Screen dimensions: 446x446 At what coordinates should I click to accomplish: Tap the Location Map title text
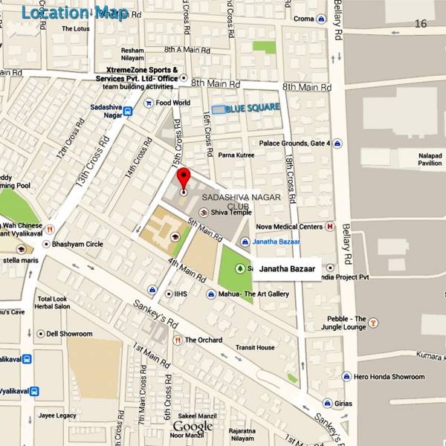click(74, 13)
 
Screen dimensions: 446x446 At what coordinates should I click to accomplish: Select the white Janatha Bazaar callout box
click(287, 269)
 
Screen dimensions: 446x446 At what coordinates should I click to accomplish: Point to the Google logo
click(193, 427)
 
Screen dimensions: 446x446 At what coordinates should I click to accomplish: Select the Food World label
click(172, 103)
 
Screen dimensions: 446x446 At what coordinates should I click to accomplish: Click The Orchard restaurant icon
click(178, 340)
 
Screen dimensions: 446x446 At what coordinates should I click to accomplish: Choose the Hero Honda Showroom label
click(389, 377)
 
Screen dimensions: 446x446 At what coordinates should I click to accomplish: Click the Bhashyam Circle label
click(77, 244)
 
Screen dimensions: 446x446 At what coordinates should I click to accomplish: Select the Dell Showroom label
click(69, 334)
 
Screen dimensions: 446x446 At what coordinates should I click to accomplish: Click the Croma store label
click(303, 19)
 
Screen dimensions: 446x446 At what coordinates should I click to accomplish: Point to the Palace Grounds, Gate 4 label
click(294, 143)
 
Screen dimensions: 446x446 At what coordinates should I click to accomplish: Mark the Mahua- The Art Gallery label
click(253, 294)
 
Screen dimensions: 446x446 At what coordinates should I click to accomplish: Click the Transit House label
click(256, 347)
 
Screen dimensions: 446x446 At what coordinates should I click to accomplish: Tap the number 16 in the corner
click(421, 24)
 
